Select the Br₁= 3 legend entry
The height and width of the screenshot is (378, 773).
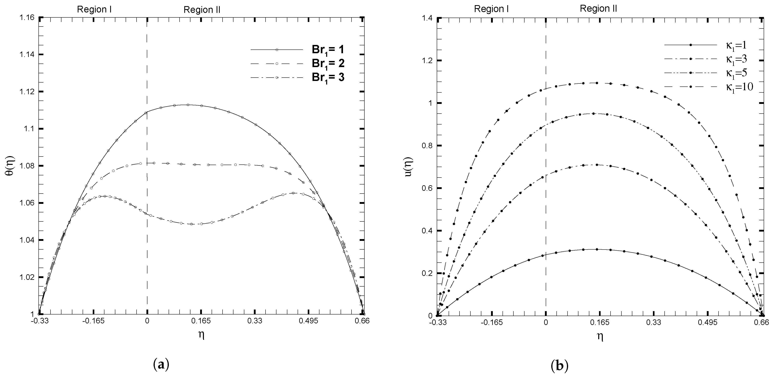coord(328,77)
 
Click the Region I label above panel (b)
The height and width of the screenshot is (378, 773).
coord(491,9)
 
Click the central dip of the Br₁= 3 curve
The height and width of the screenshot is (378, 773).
coord(192,224)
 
